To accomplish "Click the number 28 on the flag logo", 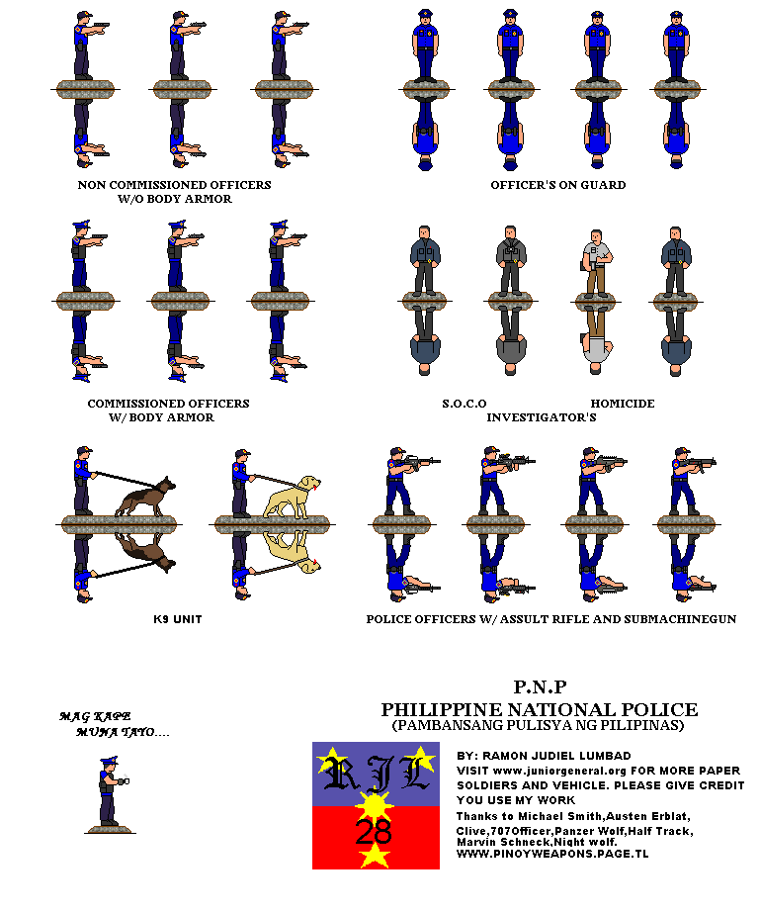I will pyautogui.click(x=374, y=832).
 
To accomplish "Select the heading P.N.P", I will pyautogui.click(x=540, y=686).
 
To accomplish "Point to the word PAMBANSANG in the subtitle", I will pyautogui.click(x=445, y=725).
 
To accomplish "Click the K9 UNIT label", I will pyautogui.click(x=178, y=619).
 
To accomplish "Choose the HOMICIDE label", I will pyautogui.click(x=623, y=404).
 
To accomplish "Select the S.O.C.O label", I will pyautogui.click(x=464, y=404).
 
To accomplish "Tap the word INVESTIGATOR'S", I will pyautogui.click(x=541, y=417).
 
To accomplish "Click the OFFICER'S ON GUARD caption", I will pyautogui.click(x=557, y=185).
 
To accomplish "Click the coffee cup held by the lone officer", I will pyautogui.click(x=125, y=781).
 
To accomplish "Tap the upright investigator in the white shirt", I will pyautogui.click(x=595, y=263).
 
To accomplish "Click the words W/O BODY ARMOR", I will pyautogui.click(x=174, y=199).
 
